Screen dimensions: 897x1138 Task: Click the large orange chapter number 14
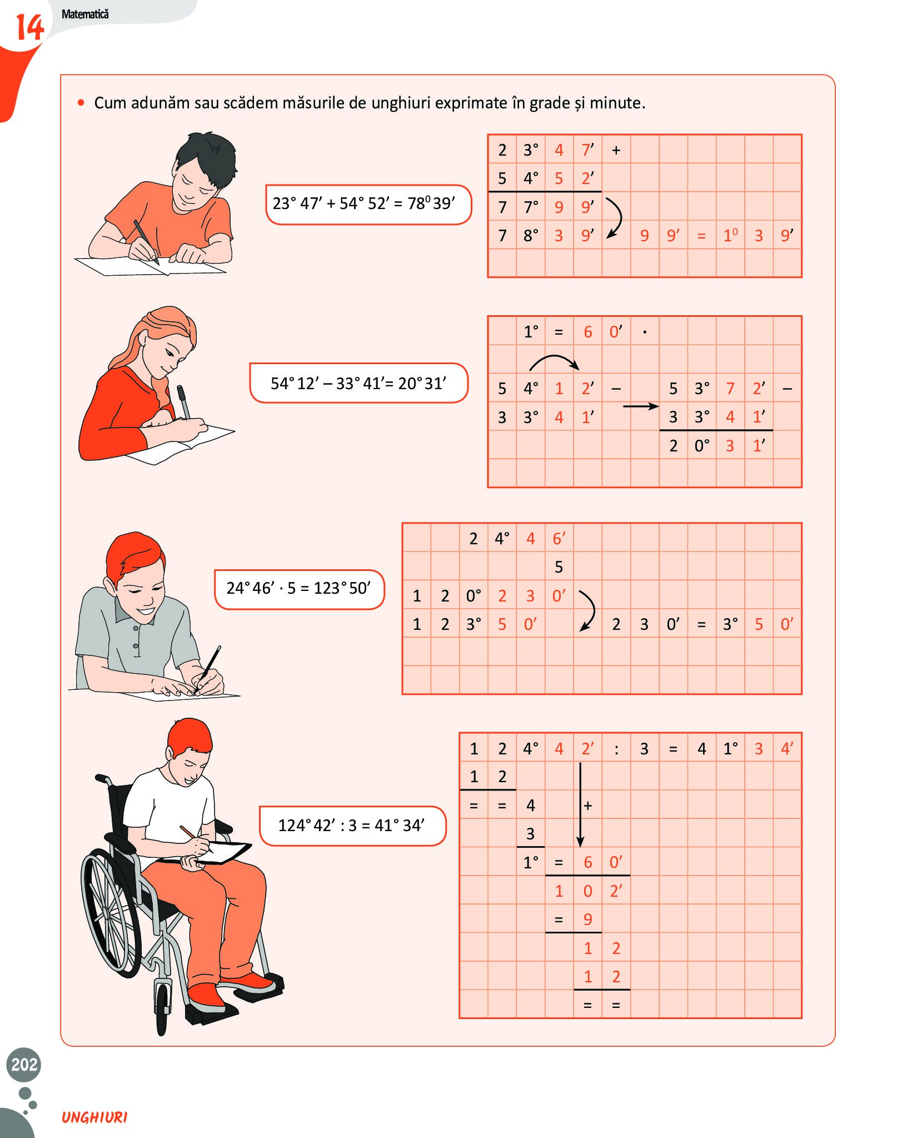(x=29, y=27)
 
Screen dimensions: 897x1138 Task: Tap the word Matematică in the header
(x=85, y=14)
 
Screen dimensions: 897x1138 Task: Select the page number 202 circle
(x=24, y=1064)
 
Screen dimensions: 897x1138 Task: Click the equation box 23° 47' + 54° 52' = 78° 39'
(x=368, y=205)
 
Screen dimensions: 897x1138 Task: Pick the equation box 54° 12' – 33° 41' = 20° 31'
(x=359, y=383)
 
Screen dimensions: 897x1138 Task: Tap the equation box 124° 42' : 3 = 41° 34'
(x=353, y=826)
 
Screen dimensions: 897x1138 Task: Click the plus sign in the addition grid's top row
(x=616, y=150)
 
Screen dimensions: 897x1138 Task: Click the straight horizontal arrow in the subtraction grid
(x=641, y=406)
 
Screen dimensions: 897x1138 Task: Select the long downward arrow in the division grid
(x=580, y=804)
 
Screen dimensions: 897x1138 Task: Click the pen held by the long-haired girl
(x=183, y=402)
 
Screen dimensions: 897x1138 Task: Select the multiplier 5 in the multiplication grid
(x=559, y=567)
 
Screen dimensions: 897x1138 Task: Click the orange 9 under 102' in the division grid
(x=587, y=920)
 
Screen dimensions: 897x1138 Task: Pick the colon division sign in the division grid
(x=616, y=749)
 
